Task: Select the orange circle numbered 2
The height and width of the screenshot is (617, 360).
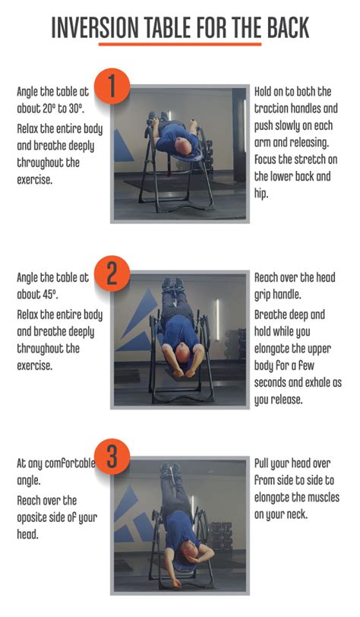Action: coord(112,275)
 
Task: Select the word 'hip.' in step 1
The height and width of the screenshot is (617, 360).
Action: coord(262,194)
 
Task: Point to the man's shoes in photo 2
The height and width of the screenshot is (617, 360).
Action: coord(172,286)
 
